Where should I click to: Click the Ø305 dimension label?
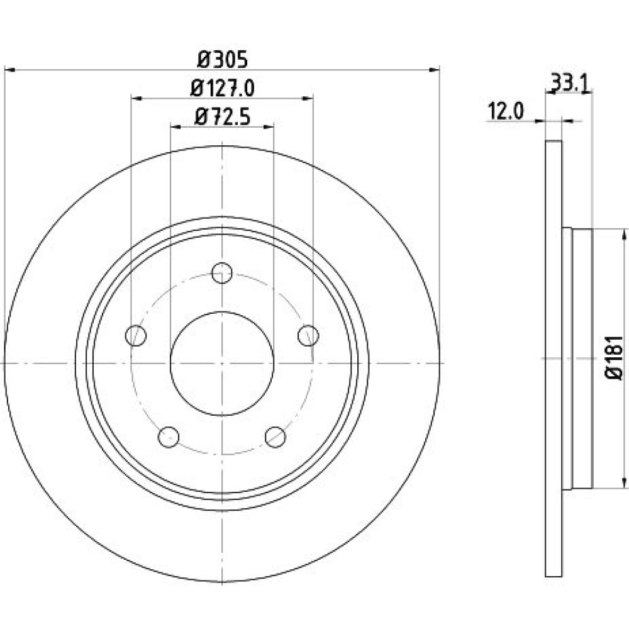223,60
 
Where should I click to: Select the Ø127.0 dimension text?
222,88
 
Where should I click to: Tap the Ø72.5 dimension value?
222,117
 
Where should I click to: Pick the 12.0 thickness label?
505,111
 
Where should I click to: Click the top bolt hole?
222,273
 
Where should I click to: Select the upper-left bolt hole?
136,335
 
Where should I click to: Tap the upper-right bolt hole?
308,335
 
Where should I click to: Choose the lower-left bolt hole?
169,437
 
